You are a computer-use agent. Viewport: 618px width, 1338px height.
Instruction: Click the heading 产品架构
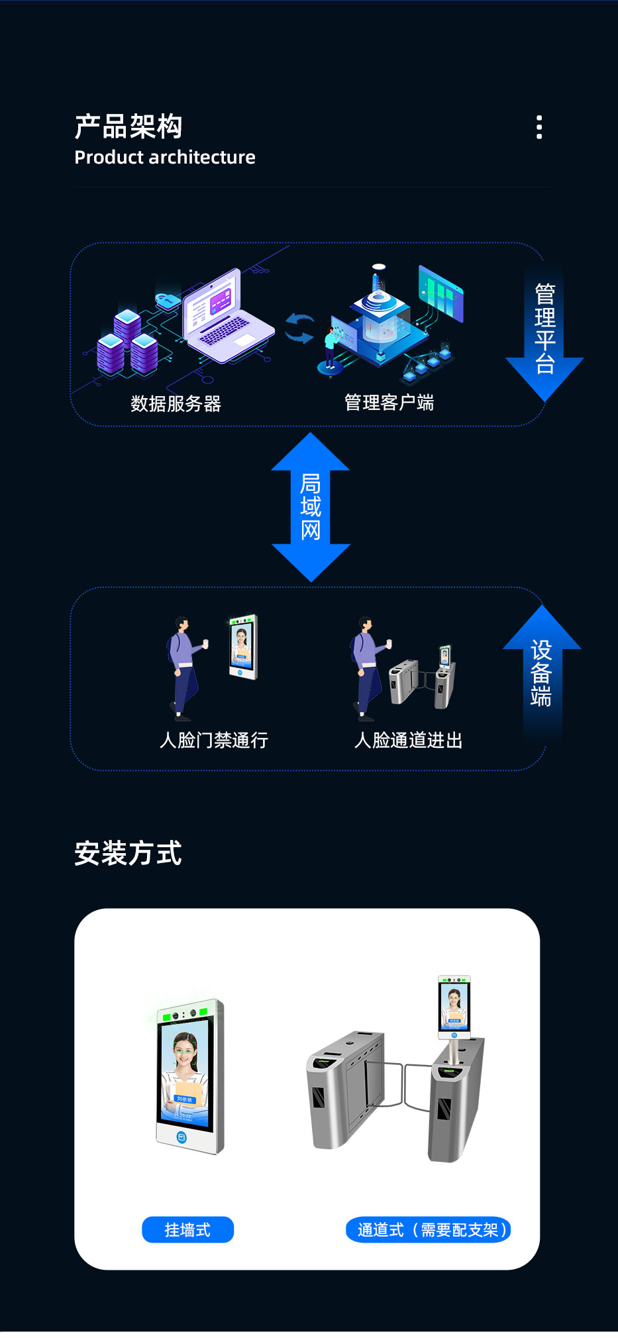pos(129,127)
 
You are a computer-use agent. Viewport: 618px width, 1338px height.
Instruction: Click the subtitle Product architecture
pos(165,158)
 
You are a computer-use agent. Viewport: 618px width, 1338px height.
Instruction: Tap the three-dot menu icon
pos(539,127)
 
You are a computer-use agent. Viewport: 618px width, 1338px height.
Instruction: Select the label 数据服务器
pos(176,403)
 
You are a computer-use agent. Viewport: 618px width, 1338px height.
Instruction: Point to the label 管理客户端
pos(389,402)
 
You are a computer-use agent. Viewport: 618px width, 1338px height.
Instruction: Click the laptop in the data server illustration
pos(225,317)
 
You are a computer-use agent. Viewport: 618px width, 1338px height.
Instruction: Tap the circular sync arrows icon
pos(299,329)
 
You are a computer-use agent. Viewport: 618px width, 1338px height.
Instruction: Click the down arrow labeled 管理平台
pos(544,331)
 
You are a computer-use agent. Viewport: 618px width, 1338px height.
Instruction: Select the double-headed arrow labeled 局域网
pos(311,507)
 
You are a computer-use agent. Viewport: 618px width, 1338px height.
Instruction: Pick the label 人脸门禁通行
pos(214,740)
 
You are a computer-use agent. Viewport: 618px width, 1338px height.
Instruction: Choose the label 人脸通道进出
pos(409,740)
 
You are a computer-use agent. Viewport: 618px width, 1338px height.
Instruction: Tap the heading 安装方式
pos(129,853)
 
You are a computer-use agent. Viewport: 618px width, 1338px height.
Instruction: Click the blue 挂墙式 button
pos(187,1230)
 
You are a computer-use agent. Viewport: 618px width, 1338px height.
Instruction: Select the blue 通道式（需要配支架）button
pos(429,1230)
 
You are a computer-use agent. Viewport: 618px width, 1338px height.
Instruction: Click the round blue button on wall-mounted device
pos(181,1137)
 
